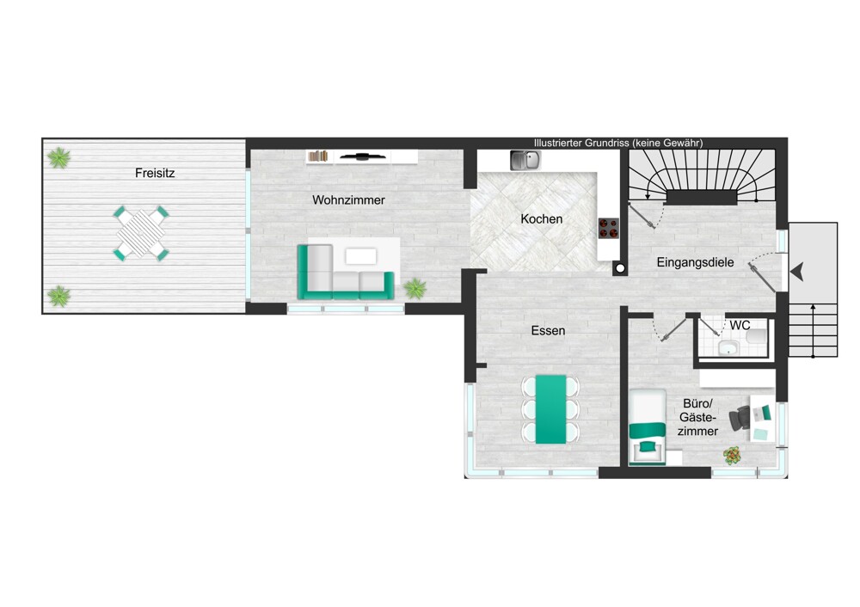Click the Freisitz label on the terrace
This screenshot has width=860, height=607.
click(x=155, y=174)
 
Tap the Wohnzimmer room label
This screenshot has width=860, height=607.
click(x=348, y=200)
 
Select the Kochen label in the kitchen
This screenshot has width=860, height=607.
click(x=541, y=219)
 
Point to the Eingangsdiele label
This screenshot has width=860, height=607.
click(x=695, y=262)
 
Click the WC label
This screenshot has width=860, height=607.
click(x=740, y=326)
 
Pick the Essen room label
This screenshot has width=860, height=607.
click(x=548, y=331)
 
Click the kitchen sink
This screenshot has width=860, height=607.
click(x=525, y=160)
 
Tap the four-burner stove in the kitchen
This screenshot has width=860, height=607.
click(x=608, y=228)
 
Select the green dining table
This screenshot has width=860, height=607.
click(x=550, y=409)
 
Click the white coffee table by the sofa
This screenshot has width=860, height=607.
click(x=361, y=256)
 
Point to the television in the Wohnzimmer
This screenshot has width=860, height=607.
click(x=361, y=156)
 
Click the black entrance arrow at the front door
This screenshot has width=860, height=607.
click(x=797, y=272)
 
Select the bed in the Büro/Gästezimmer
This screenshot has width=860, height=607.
click(x=648, y=427)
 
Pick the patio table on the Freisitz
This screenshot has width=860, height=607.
click(x=142, y=233)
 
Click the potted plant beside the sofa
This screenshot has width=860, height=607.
click(x=415, y=288)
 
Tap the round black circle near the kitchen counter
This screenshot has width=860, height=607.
click(x=620, y=268)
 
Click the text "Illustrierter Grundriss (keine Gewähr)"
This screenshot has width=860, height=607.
click(x=618, y=143)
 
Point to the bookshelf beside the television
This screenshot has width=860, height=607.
click(x=318, y=156)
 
